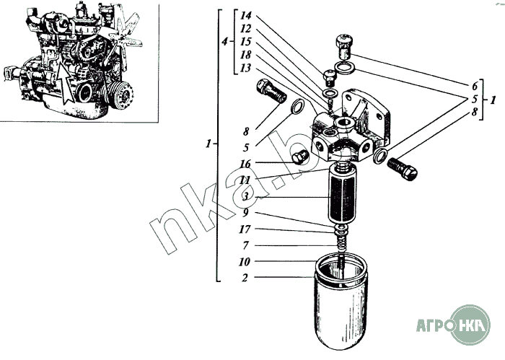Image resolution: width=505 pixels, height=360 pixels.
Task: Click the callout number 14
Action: click(x=246, y=15)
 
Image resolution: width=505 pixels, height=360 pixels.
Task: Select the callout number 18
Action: click(x=245, y=55)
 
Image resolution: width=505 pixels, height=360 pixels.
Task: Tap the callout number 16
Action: click(x=245, y=164)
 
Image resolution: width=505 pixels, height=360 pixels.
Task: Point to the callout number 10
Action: click(x=245, y=262)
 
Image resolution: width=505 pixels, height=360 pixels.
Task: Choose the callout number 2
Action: click(x=245, y=278)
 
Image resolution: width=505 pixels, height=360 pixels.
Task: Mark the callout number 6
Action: click(x=475, y=86)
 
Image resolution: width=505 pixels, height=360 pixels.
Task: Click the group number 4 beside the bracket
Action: click(x=225, y=42)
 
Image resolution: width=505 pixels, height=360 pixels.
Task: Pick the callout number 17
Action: click(x=245, y=229)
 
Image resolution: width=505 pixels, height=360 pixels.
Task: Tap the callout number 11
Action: click(x=245, y=180)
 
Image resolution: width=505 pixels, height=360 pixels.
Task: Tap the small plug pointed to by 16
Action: click(x=300, y=157)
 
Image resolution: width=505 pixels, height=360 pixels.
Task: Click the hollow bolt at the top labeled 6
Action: click(x=344, y=47)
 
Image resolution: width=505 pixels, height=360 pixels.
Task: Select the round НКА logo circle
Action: click(x=470, y=325)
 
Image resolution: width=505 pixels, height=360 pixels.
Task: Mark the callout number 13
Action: click(x=245, y=69)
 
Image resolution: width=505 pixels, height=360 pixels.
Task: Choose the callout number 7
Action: click(x=245, y=246)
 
